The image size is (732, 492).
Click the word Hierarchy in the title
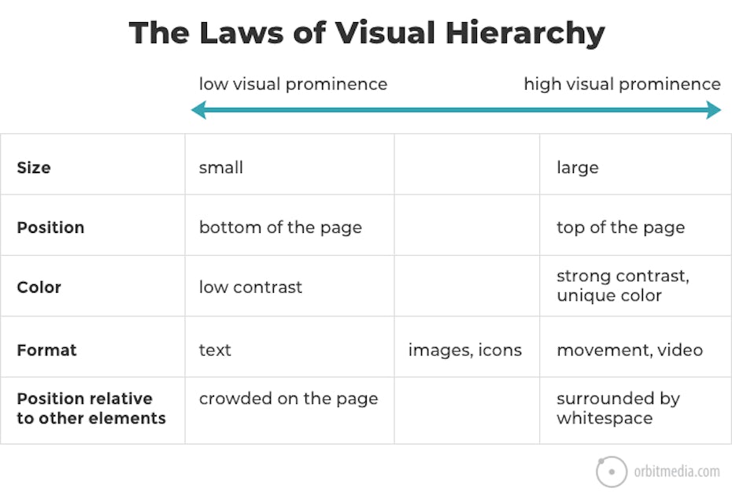click(525, 33)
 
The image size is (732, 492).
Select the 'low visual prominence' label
click(293, 84)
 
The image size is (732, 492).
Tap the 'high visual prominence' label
click(623, 84)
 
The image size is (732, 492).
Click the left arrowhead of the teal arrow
click(198, 110)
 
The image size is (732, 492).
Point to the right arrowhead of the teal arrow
click(714, 110)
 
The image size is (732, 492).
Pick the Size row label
click(34, 168)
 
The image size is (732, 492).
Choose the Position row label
click(50, 228)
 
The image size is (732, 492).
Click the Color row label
click(39, 287)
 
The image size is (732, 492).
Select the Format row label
click(46, 350)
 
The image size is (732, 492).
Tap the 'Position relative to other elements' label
click(91, 409)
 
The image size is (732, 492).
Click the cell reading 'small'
click(221, 168)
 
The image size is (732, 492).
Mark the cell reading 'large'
click(578, 168)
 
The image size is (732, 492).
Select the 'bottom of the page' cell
click(280, 228)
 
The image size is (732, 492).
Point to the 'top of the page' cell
click(620, 228)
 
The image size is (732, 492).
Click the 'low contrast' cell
click(250, 287)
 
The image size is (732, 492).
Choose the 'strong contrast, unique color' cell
click(623, 286)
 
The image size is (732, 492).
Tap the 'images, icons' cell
click(465, 350)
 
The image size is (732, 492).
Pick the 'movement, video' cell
click(630, 350)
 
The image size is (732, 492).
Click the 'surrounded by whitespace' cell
click(618, 409)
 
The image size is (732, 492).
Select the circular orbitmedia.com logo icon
click(612, 472)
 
